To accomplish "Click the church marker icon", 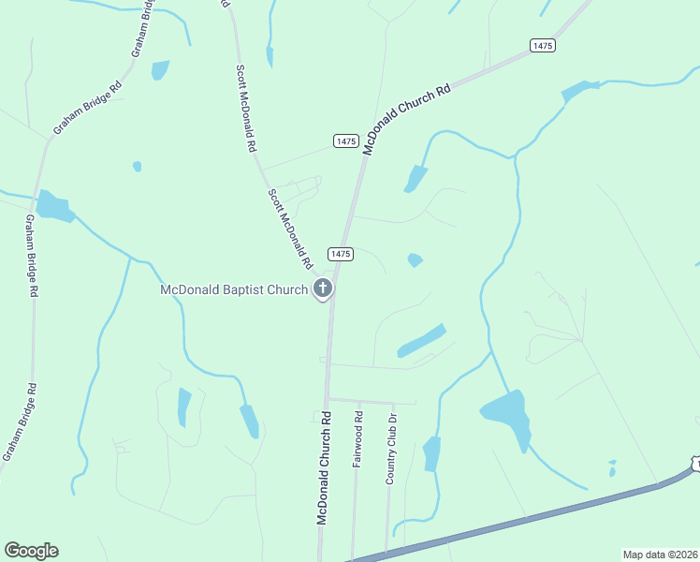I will click(x=323, y=288).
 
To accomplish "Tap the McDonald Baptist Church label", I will click(x=234, y=289).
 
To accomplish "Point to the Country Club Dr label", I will click(x=392, y=449).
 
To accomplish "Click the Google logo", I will click(x=31, y=551).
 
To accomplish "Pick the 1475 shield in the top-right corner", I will click(x=542, y=45).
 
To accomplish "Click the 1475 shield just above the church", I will click(x=340, y=254).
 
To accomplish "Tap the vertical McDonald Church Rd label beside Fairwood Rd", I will click(x=324, y=466).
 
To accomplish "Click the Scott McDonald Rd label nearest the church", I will click(x=289, y=226).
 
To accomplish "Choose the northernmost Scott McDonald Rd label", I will click(x=246, y=108).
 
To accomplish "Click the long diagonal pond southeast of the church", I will click(x=421, y=340).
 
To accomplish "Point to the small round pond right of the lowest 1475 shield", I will click(x=415, y=259).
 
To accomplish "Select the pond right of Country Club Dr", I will click(x=431, y=453).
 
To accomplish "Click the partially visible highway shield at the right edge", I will click(x=695, y=465).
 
